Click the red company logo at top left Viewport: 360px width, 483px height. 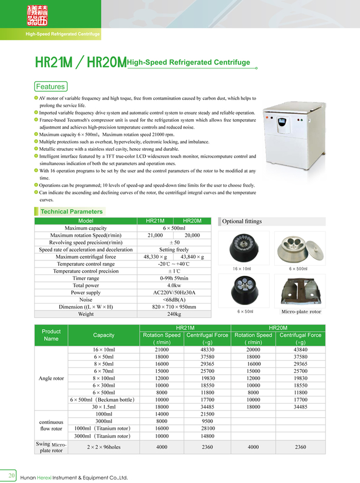click(36, 15)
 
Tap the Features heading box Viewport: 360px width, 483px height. click(50, 86)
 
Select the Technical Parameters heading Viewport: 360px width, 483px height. click(71, 211)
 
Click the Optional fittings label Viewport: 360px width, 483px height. click(242, 221)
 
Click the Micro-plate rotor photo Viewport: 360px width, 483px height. click(300, 291)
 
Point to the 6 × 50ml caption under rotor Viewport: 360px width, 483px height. click(245, 312)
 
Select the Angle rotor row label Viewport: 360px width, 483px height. click(51, 378)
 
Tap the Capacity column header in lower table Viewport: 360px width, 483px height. click(103, 335)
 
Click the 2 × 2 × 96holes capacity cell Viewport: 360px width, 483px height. click(103, 447)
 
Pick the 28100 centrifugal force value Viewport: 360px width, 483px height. click(207, 428)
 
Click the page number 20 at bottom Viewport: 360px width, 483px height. click(11, 474)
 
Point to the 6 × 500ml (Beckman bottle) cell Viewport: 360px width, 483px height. click(103, 399)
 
